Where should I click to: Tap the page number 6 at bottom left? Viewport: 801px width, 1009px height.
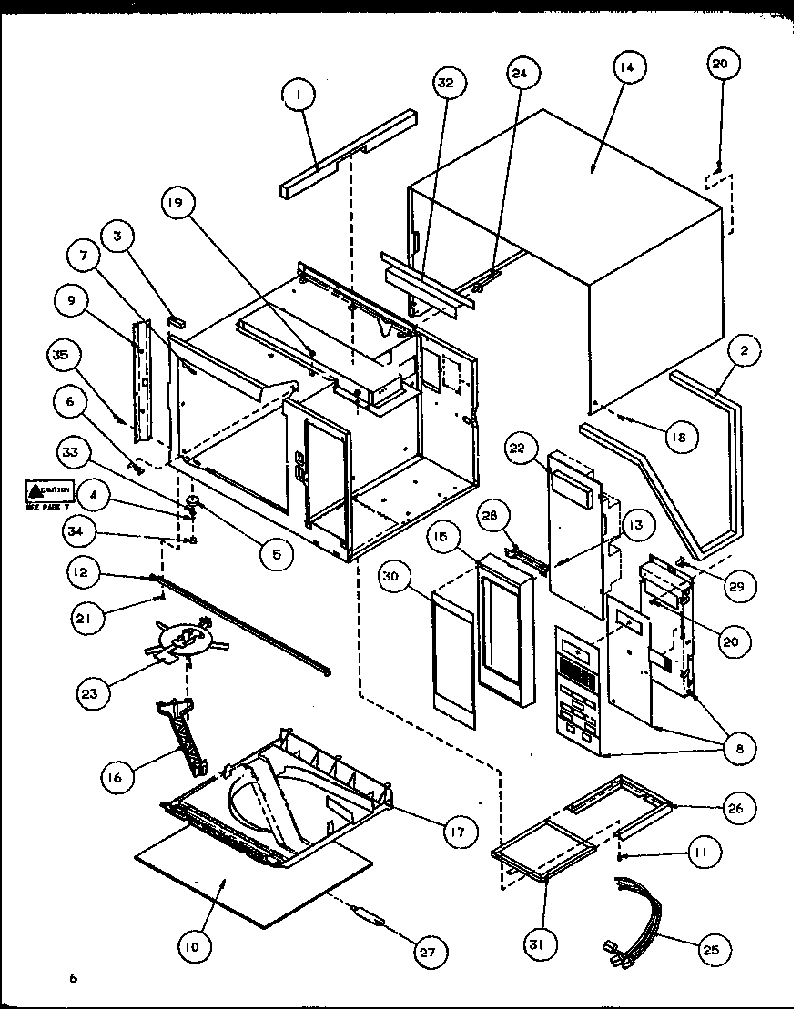73,978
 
